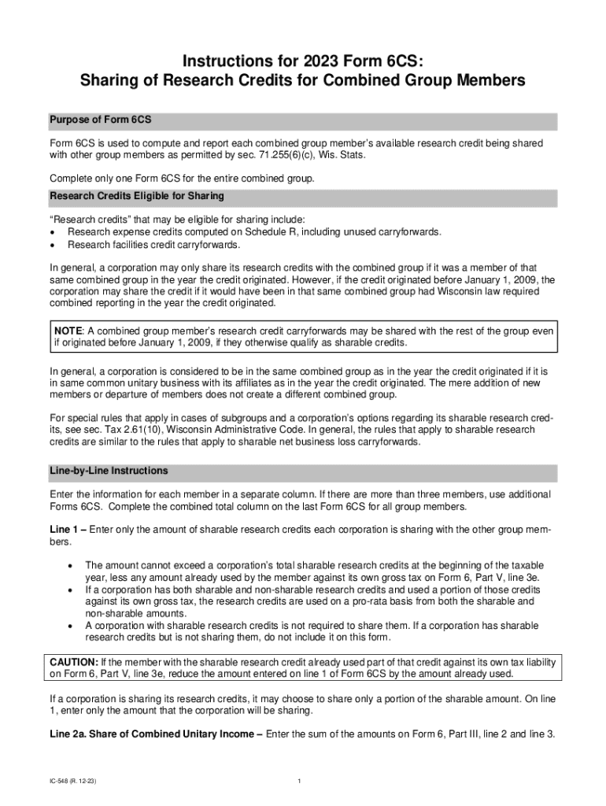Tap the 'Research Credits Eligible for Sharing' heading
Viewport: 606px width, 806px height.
(137, 195)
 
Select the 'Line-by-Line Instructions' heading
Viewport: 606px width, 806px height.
(109, 471)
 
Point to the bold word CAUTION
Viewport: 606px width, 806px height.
(74, 661)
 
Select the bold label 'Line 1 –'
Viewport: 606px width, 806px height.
(68, 530)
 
